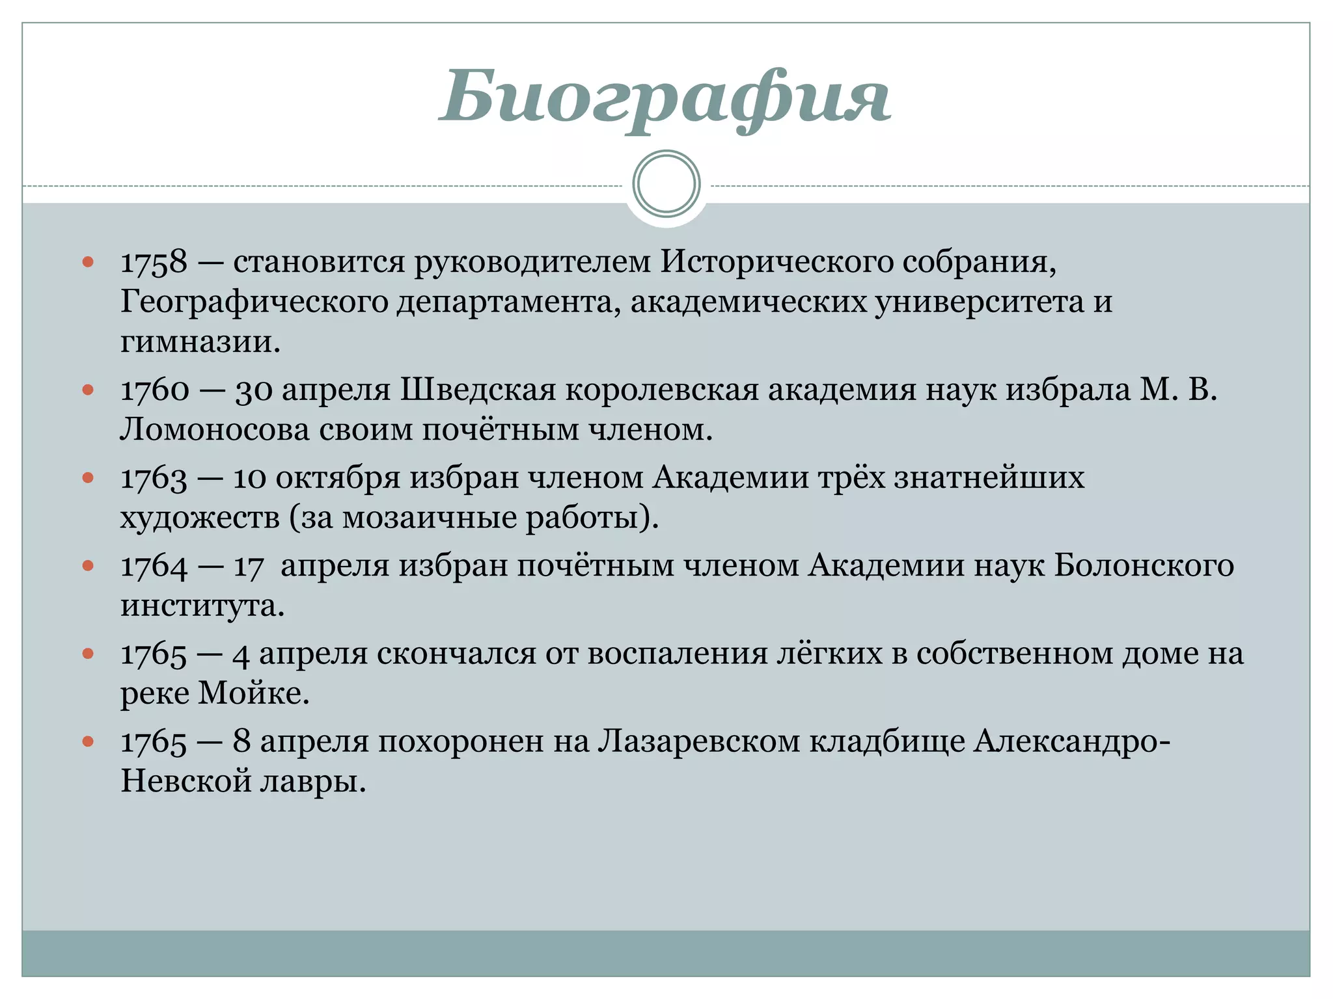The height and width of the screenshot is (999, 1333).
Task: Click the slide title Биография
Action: click(x=665, y=98)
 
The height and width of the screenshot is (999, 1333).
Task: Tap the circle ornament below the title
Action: click(x=666, y=184)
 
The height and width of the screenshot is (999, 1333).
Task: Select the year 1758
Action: click(x=154, y=262)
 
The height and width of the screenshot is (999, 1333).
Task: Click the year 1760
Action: click(x=155, y=390)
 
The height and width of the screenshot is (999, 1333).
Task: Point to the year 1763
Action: click(x=154, y=479)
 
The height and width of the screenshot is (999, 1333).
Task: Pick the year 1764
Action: click(x=154, y=566)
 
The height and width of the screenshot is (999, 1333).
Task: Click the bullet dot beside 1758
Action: click(x=89, y=262)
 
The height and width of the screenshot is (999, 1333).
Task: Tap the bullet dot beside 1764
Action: click(x=89, y=566)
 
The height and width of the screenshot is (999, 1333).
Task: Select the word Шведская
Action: click(x=478, y=390)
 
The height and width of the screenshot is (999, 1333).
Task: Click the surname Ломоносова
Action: click(x=215, y=430)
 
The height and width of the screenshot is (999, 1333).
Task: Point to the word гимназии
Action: click(x=200, y=341)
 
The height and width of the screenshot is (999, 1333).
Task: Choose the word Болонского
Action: click(x=1144, y=566)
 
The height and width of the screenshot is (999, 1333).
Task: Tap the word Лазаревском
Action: click(x=698, y=741)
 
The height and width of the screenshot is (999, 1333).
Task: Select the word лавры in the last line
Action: click(x=313, y=781)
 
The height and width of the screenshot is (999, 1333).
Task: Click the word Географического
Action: click(x=254, y=302)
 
